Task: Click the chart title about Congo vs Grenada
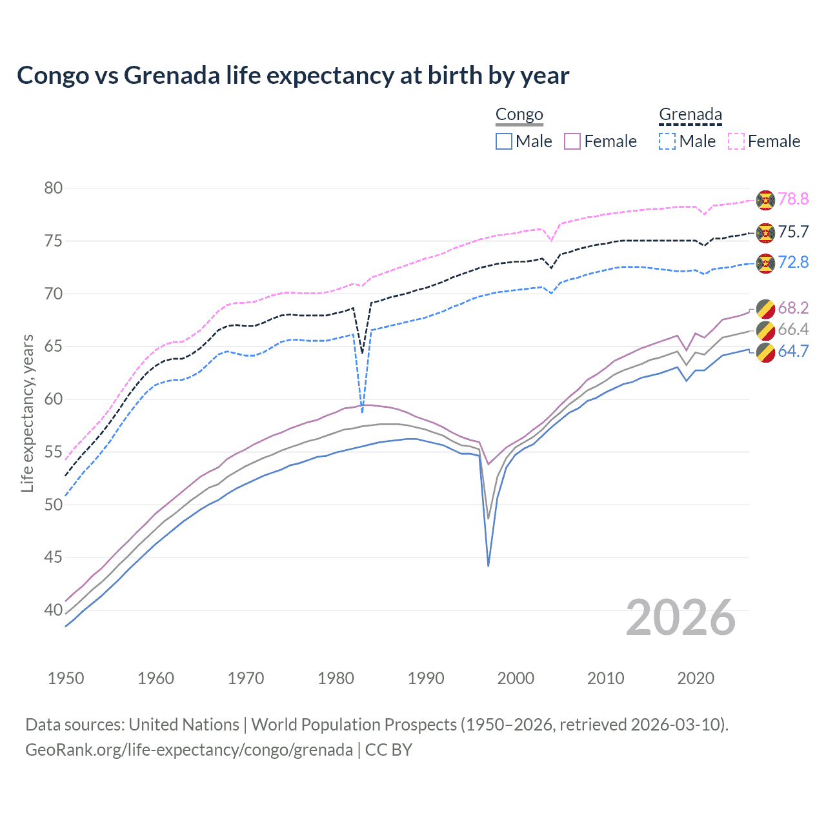(x=293, y=76)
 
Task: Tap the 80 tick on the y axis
(x=54, y=188)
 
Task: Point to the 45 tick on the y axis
(x=54, y=557)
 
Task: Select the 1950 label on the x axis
(x=66, y=678)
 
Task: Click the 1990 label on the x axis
(x=426, y=678)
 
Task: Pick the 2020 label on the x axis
(x=696, y=678)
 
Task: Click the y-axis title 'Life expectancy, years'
(x=27, y=413)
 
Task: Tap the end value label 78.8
(x=793, y=199)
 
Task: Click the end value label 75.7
(x=793, y=232)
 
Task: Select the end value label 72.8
(x=793, y=262)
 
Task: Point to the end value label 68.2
(x=793, y=308)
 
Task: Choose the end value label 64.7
(x=793, y=351)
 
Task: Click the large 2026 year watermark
(x=681, y=618)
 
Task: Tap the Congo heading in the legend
(x=519, y=115)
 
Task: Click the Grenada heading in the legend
(x=690, y=115)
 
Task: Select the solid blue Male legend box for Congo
(x=504, y=141)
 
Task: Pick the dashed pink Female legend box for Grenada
(x=736, y=141)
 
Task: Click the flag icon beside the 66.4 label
(x=765, y=330)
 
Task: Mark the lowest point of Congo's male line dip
(x=489, y=566)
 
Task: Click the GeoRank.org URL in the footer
(x=189, y=750)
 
